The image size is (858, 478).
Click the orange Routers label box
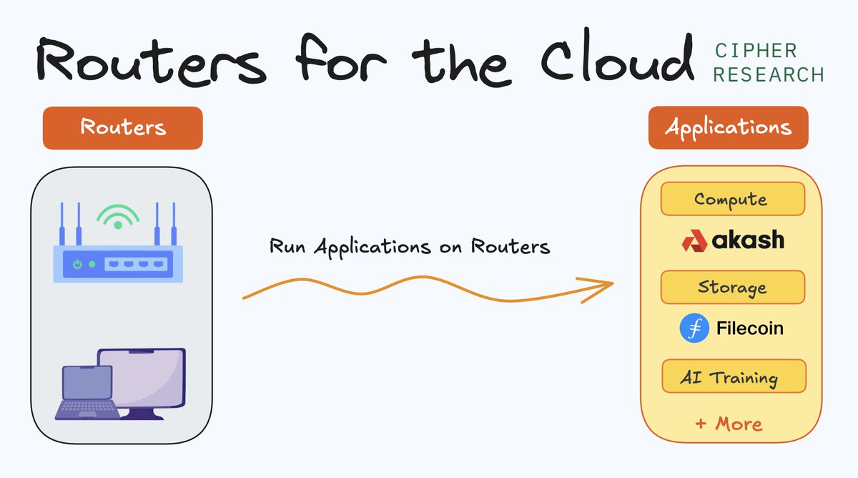pyautogui.click(x=123, y=128)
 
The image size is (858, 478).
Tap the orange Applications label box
pyautogui.click(x=728, y=128)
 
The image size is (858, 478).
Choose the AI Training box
pyautogui.click(x=733, y=376)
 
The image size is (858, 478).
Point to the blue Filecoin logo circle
pyautogui.click(x=694, y=328)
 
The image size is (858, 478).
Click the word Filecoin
pyautogui.click(x=749, y=328)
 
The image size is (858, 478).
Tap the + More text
pyautogui.click(x=729, y=424)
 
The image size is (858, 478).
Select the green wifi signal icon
pyautogui.click(x=118, y=215)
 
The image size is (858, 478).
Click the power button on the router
pyautogui.click(x=77, y=264)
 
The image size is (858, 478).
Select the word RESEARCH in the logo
pyautogui.click(x=769, y=74)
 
